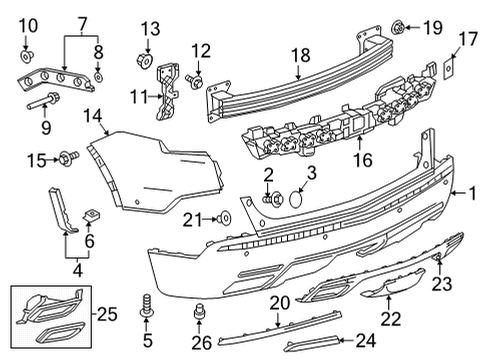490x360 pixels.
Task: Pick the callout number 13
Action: (x=149, y=27)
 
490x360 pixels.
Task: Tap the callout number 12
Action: (x=202, y=50)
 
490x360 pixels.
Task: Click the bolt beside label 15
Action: (x=70, y=157)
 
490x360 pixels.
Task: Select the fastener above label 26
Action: (x=198, y=311)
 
